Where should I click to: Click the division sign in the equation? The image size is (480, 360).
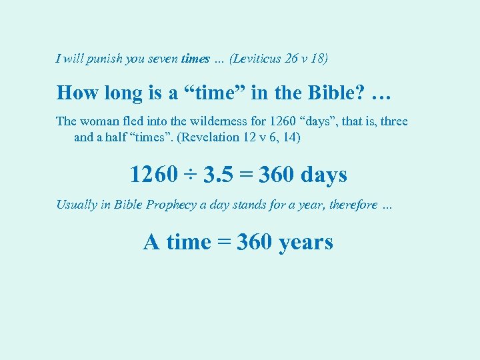pos(191,175)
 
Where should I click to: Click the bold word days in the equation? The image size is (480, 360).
pos(324,175)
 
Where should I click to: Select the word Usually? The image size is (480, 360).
pos(76,205)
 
